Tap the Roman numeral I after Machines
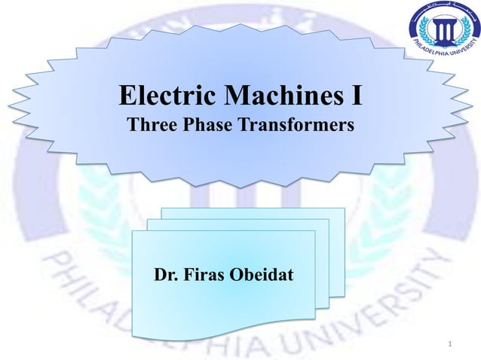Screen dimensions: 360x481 coord(356,97)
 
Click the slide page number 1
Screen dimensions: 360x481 coord(450,345)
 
